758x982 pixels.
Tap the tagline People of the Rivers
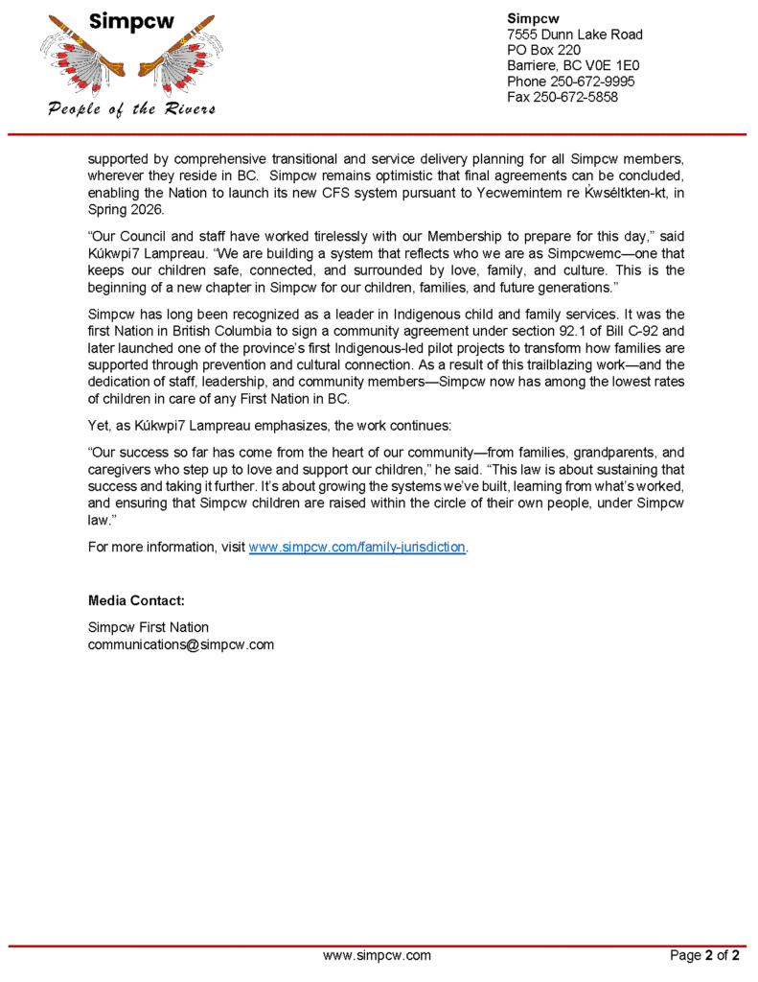pyautogui.click(x=131, y=108)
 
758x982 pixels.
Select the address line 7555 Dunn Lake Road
pyautogui.click(x=574, y=35)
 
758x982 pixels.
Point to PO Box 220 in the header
pyautogui.click(x=543, y=50)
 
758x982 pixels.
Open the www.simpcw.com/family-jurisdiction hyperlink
pyautogui.click(x=356, y=547)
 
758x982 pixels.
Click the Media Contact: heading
pyautogui.click(x=136, y=600)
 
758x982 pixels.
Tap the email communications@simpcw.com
pyautogui.click(x=181, y=644)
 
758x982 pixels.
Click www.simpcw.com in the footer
pyautogui.click(x=377, y=955)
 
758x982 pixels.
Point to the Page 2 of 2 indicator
pyautogui.click(x=704, y=955)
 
